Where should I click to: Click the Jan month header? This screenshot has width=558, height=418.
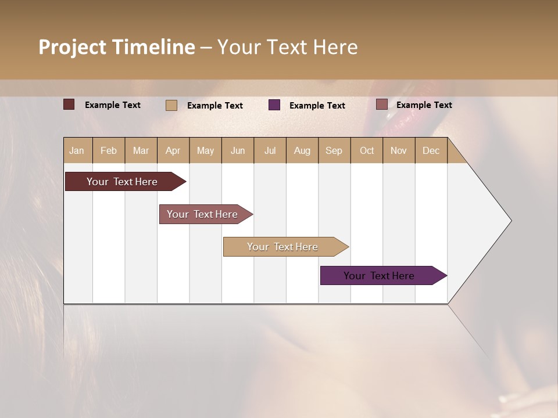[x=77, y=150]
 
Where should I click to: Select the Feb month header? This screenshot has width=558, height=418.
[x=109, y=150]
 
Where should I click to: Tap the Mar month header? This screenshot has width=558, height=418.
[x=141, y=150]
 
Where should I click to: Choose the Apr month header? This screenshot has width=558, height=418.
[x=173, y=150]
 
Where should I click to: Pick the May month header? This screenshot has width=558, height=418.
[x=205, y=150]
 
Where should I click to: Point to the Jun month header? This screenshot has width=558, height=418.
[x=238, y=150]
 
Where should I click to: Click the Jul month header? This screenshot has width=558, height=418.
[x=270, y=150]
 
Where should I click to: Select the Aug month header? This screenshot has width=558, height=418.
[x=302, y=150]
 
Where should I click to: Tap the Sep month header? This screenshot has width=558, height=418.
[x=334, y=150]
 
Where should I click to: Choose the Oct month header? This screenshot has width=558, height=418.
[x=367, y=150]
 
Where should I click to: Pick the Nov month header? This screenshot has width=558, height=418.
[x=398, y=150]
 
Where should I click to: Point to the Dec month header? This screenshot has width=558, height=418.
[x=431, y=150]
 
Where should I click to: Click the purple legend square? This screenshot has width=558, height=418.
[x=274, y=105]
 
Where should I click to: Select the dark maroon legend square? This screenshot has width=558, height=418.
[x=69, y=105]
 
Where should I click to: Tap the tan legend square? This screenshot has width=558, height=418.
[x=171, y=105]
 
